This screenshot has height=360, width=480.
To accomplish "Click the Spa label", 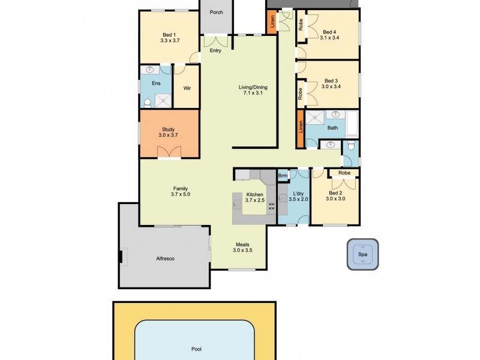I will coord(362,254).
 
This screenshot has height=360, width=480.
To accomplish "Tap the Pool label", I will coord(196,349).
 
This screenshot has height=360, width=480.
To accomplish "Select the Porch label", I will coord(215,12).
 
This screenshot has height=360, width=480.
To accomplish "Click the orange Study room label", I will coord(168,129).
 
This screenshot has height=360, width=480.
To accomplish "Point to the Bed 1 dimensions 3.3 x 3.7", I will coord(170,40).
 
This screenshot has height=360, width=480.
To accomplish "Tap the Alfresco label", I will coord(165,259).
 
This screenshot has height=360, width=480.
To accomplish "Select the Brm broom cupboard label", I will coord(283,176).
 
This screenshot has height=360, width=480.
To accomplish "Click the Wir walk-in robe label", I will coord(187,89).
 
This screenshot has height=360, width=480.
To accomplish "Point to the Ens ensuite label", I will coord(156,83).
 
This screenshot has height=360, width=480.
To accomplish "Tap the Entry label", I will coord(215,51).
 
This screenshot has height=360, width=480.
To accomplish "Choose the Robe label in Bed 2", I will coord(344,173).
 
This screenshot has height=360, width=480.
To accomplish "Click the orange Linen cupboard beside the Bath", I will coord(299,127).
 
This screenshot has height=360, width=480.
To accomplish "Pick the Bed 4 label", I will coord(329,32).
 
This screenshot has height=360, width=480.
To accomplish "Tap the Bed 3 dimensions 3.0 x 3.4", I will coord(331,87).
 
